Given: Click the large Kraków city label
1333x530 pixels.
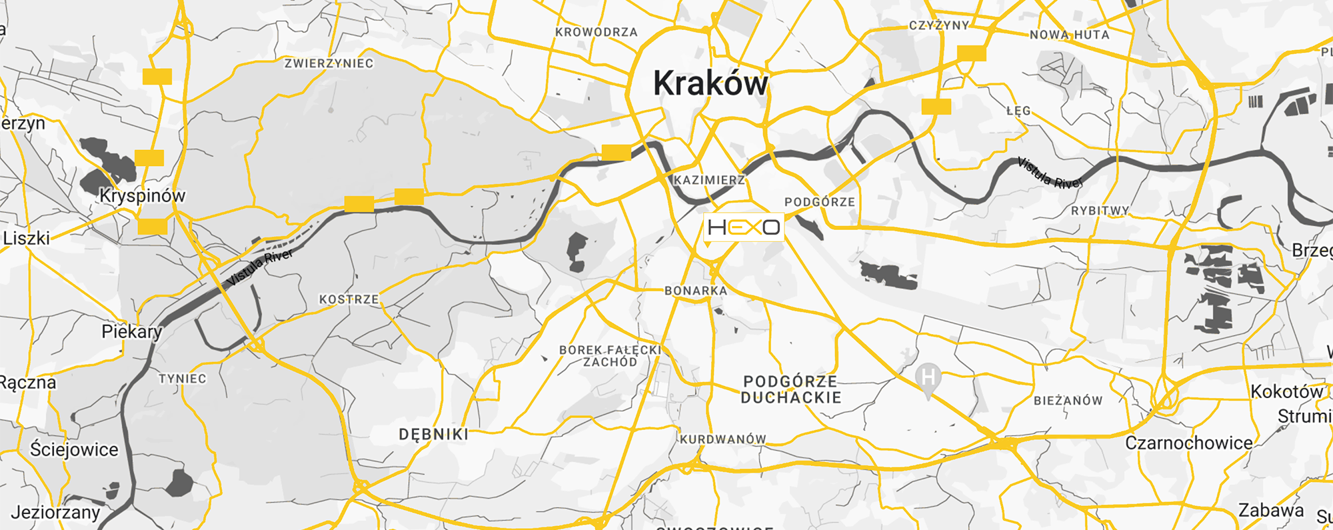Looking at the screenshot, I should (710, 84).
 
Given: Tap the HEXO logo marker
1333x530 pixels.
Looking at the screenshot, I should (744, 227).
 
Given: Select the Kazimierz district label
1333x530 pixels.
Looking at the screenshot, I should (709, 180).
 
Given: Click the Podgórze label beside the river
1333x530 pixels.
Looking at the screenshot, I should (819, 202).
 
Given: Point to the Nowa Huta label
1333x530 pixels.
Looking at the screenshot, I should (1069, 35).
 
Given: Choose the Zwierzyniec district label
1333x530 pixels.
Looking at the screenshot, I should (329, 63).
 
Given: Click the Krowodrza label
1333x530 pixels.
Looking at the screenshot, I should (597, 32).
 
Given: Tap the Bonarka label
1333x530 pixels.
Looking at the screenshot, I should (695, 291).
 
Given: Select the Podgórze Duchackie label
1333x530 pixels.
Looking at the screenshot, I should (790, 389).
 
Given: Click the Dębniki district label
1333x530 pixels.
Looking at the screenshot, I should (433, 435).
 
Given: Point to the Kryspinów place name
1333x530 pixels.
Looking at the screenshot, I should (143, 196).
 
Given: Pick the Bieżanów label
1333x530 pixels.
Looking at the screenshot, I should (1068, 401).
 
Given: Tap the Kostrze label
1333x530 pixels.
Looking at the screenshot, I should (349, 299).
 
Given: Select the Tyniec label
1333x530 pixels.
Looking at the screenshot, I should (182, 379).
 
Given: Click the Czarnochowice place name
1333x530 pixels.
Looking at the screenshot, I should (1188, 443).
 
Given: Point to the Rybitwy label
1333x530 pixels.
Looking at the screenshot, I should (1100, 211).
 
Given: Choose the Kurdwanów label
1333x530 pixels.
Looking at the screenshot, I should (722, 439).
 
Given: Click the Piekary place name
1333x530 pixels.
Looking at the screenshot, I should (131, 331).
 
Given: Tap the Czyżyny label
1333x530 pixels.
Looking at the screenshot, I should (938, 25).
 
